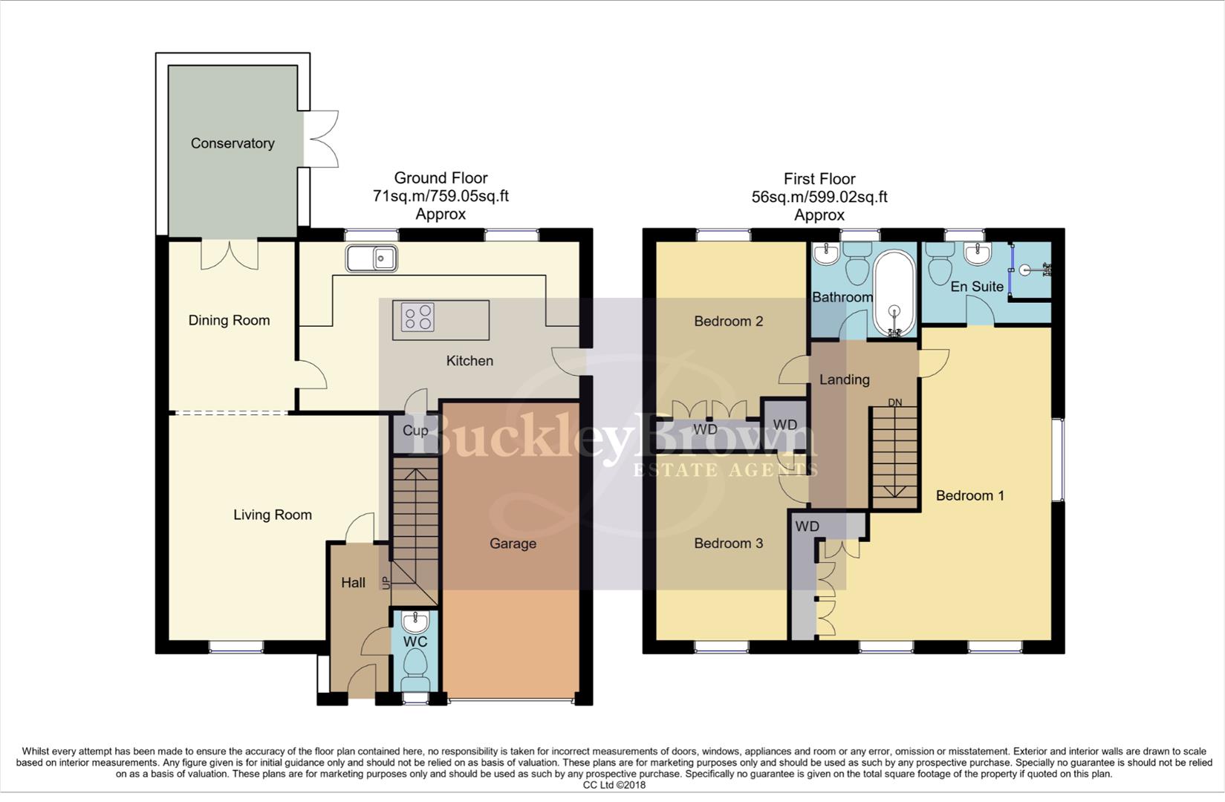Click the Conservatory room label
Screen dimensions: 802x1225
233,143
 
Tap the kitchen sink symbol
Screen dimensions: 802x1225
371,258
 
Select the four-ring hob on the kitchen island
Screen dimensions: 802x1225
417,318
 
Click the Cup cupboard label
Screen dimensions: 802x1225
415,431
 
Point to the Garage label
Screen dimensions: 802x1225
513,544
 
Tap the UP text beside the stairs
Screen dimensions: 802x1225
386,583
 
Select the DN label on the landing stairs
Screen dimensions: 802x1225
894,402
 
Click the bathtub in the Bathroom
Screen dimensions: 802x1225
894,294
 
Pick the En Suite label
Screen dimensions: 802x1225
977,287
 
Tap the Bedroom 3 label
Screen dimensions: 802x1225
728,544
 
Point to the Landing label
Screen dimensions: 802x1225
844,379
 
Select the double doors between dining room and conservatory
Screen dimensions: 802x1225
230,254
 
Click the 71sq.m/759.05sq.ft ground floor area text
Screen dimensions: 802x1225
441,196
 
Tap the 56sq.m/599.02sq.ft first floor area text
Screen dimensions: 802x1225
819,197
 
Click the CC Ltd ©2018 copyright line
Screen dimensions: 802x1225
614,785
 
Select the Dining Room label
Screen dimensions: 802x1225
229,321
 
